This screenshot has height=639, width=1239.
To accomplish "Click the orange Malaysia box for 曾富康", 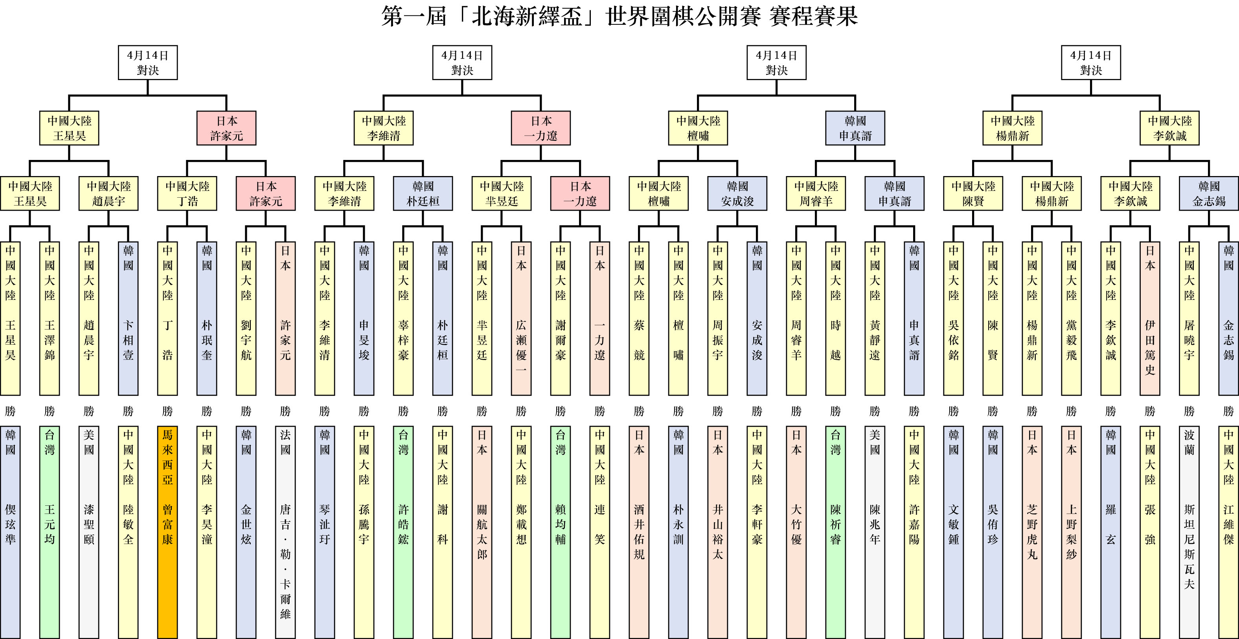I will click(x=167, y=531).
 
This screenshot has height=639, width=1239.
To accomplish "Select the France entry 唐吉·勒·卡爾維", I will click(x=285, y=531).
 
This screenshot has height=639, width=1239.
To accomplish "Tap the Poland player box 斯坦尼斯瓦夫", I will click(x=1189, y=531).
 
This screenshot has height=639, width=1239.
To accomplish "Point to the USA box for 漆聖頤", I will click(x=89, y=531).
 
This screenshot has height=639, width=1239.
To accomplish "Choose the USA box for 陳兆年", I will click(x=875, y=531).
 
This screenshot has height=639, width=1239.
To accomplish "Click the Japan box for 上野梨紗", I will click(x=1072, y=531).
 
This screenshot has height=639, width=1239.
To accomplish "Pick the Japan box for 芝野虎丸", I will click(x=1032, y=531).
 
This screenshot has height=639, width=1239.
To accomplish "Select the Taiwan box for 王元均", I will click(x=50, y=531).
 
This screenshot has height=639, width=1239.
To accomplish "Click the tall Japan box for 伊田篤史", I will click(x=1150, y=318).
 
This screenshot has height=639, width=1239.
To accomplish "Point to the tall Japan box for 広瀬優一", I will click(x=521, y=318).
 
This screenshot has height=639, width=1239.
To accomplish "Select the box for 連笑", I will click(x=600, y=531).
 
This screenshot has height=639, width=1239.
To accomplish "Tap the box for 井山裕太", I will click(x=718, y=531).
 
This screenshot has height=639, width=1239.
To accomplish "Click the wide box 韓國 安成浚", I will click(x=737, y=194).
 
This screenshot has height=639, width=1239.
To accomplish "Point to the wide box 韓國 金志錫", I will click(x=1209, y=194).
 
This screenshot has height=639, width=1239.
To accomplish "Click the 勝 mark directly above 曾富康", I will click(x=167, y=411).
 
